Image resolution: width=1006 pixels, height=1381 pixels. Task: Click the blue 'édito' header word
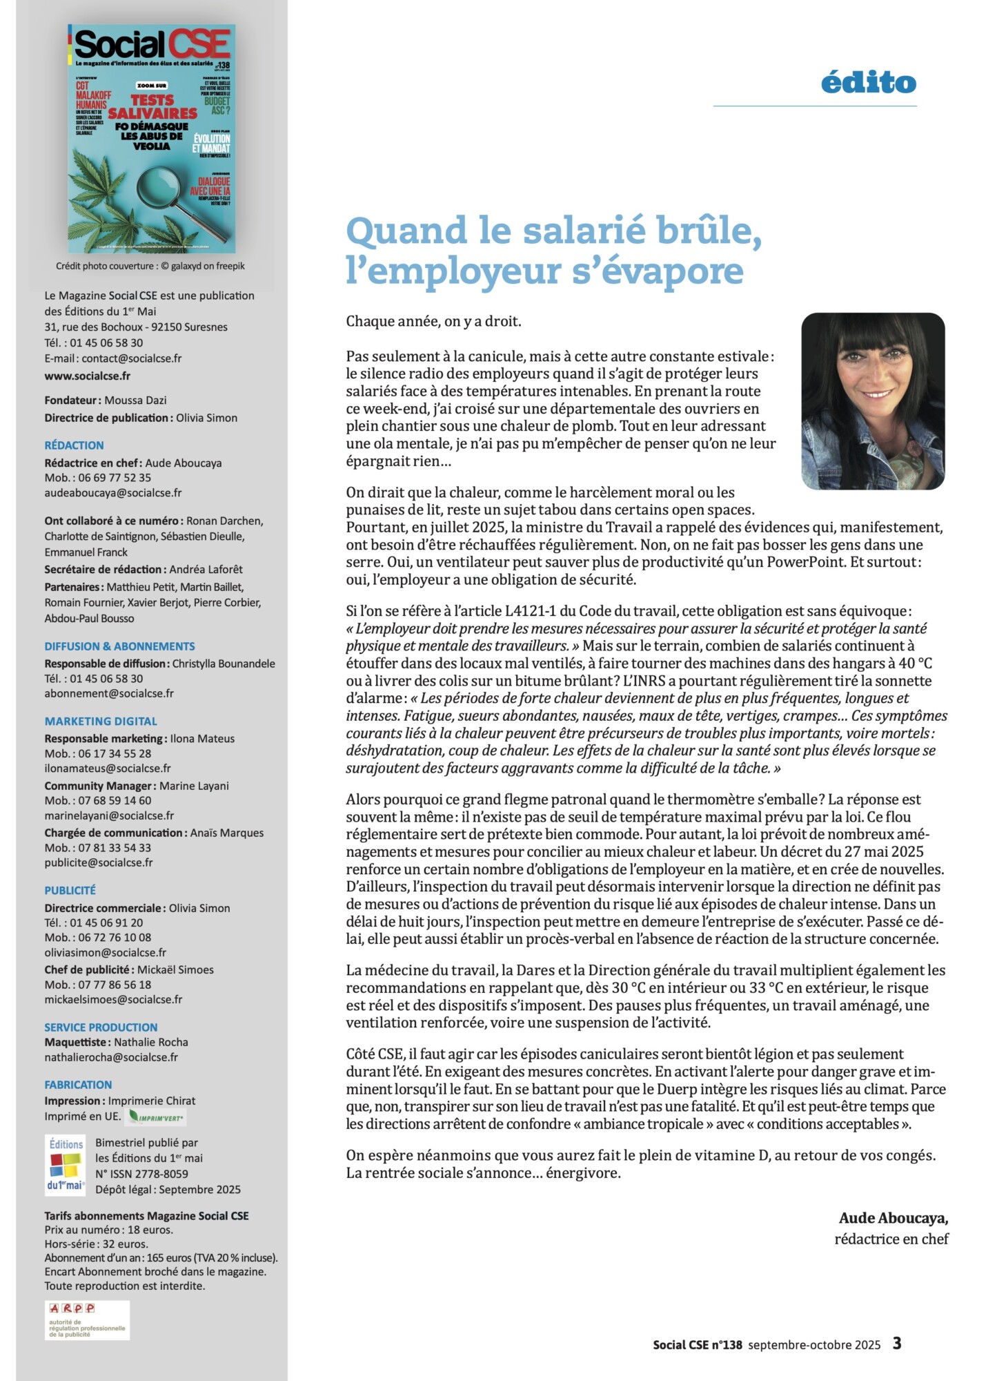[868, 83]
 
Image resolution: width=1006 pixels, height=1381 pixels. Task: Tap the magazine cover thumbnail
[151, 138]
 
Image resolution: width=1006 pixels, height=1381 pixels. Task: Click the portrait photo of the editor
[872, 400]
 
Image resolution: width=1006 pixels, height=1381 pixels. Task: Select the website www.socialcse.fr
[87, 376]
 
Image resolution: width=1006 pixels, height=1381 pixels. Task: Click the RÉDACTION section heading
[74, 445]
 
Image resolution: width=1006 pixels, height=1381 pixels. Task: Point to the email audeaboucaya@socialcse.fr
[113, 492]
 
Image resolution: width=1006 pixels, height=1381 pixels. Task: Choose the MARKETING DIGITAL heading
[101, 721]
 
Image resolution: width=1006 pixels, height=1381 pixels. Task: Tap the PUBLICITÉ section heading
[70, 890]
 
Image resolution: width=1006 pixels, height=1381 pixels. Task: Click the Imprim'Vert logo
[157, 1117]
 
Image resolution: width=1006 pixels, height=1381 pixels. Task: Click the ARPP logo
[86, 1320]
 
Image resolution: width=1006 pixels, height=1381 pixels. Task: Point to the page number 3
[896, 1344]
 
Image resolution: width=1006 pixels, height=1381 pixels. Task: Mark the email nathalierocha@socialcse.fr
[111, 1057]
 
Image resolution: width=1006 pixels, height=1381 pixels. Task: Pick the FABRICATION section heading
[78, 1085]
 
